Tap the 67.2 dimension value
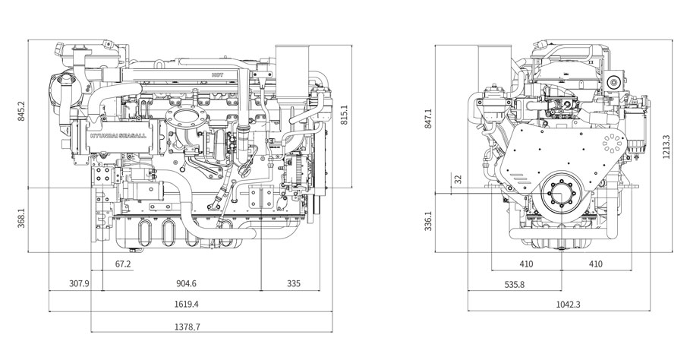coord(123,264)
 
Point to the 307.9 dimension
coord(79,284)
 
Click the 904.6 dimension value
coord(186,284)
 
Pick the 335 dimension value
coord(294,284)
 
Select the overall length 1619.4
coord(187,304)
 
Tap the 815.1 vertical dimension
coord(345,115)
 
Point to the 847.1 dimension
coord(429,118)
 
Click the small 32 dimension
coord(458,179)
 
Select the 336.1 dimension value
coord(429,221)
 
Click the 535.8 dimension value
coord(514,284)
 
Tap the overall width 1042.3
coord(568,304)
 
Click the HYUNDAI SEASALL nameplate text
coord(119,136)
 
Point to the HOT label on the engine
coord(217,75)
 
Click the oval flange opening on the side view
coord(187,118)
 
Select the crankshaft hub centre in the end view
coord(561,194)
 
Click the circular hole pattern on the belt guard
coord(613,144)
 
